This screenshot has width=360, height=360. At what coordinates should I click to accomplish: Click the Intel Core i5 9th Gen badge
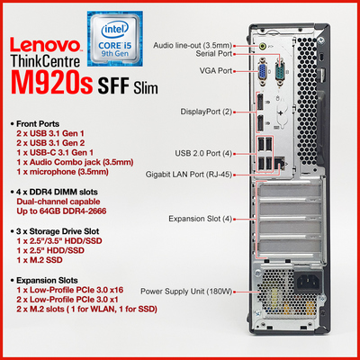[x=115, y=39]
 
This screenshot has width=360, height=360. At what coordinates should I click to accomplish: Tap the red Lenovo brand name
[x=46, y=45]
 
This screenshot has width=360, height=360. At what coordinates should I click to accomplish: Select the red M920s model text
[x=51, y=82]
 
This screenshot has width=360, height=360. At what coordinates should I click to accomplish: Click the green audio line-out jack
[x=263, y=46]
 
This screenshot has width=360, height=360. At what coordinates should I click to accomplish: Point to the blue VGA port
[x=263, y=71]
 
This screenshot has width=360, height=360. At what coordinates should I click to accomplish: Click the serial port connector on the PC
[x=280, y=71]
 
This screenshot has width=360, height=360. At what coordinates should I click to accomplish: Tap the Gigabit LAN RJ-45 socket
[x=280, y=164]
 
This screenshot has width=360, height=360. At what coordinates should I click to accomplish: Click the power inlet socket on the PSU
[x=307, y=282]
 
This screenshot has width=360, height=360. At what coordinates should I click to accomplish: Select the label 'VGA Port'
[x=216, y=71]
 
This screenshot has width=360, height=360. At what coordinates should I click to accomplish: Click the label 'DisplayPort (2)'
[x=206, y=112]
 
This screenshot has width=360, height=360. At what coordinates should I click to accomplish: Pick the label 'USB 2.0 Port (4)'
[x=203, y=153]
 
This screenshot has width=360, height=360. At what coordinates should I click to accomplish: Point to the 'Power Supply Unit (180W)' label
[x=186, y=292]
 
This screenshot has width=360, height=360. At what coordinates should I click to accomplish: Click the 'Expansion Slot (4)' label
[x=200, y=219]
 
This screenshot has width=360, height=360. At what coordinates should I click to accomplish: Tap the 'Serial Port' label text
[x=214, y=54]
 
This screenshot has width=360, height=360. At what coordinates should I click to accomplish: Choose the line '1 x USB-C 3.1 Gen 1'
[x=55, y=153]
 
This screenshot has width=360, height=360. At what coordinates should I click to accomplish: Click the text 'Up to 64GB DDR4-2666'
[x=61, y=211]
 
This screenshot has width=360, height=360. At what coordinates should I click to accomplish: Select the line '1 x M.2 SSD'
[x=40, y=260]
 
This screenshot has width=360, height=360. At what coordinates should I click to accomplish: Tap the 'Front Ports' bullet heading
[x=35, y=124]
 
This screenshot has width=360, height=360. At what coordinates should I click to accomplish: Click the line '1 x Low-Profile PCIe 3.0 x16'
[x=70, y=290]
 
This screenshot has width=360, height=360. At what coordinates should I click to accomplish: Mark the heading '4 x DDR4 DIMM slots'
[x=54, y=192]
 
